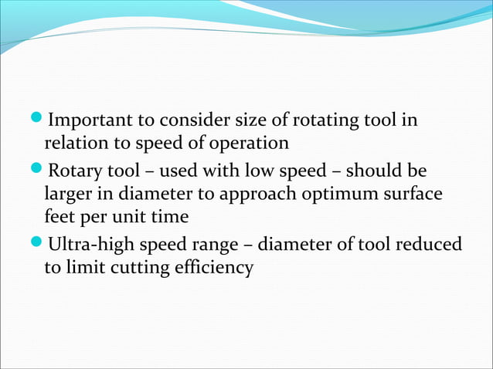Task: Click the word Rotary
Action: coord(74,170)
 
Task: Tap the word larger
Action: coord(68,194)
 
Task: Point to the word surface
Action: coord(414,194)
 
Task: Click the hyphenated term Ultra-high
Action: coord(90,245)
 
